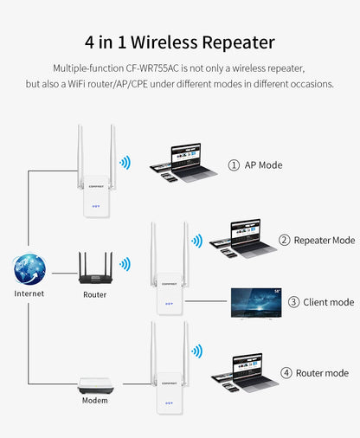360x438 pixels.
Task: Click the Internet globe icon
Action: click(29, 269)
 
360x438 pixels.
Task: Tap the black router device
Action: click(95, 268)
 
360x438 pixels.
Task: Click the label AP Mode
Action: click(263, 164)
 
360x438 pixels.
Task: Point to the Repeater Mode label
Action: click(324, 240)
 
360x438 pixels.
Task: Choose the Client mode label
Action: click(328, 302)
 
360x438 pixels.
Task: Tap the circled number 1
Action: click(234, 164)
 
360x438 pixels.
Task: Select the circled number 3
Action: click(293, 302)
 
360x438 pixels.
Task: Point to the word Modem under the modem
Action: click(95, 401)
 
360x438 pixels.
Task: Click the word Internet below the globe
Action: click(29, 293)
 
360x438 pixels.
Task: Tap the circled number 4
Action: click(286, 373)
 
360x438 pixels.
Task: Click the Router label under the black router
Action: click(95, 294)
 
